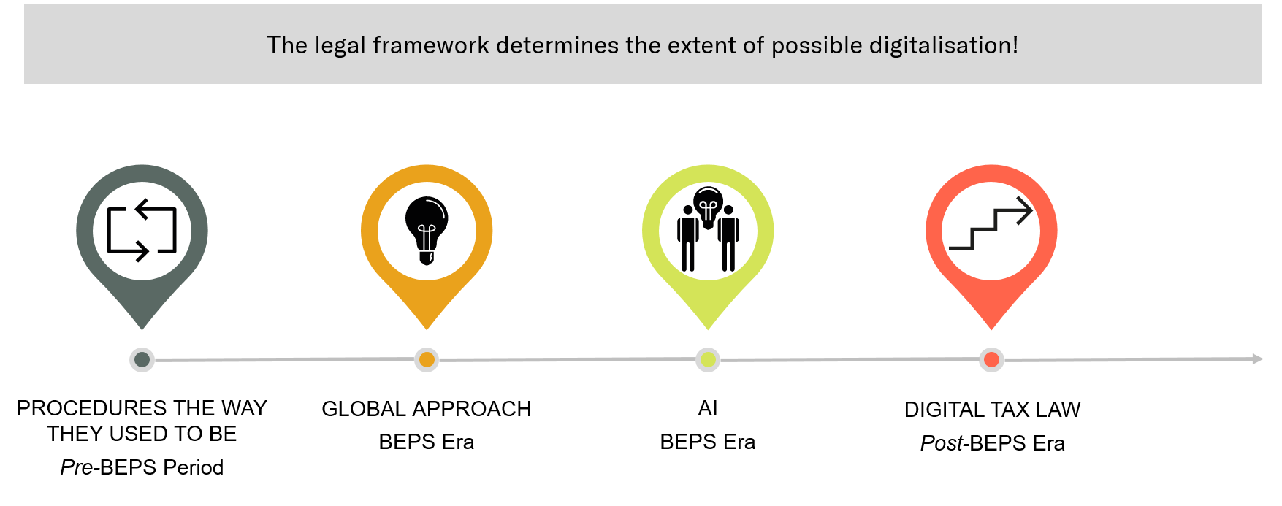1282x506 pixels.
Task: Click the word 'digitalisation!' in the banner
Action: pyautogui.click(x=944, y=45)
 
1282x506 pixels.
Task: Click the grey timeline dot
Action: pyautogui.click(x=142, y=359)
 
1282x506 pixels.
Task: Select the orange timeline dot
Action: pyautogui.click(x=427, y=359)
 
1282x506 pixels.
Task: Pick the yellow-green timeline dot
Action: pyautogui.click(x=708, y=359)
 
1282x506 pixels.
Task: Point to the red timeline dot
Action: pyautogui.click(x=991, y=359)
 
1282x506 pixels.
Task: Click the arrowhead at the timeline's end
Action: pyautogui.click(x=1258, y=359)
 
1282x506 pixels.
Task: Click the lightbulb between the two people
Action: pyautogui.click(x=708, y=207)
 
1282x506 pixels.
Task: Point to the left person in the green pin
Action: pyautogui.click(x=687, y=239)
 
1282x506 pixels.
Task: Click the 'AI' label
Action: pyautogui.click(x=708, y=408)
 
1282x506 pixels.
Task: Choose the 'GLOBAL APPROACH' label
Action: pyautogui.click(x=427, y=409)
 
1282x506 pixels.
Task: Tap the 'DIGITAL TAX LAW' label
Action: pyautogui.click(x=992, y=410)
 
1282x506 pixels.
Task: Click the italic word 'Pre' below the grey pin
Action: pyautogui.click(x=77, y=467)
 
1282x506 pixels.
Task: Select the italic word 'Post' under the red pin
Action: pyautogui.click(x=942, y=443)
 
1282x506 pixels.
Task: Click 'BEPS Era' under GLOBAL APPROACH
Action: pyautogui.click(x=427, y=442)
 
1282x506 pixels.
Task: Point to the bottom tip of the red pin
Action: pyautogui.click(x=991, y=329)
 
